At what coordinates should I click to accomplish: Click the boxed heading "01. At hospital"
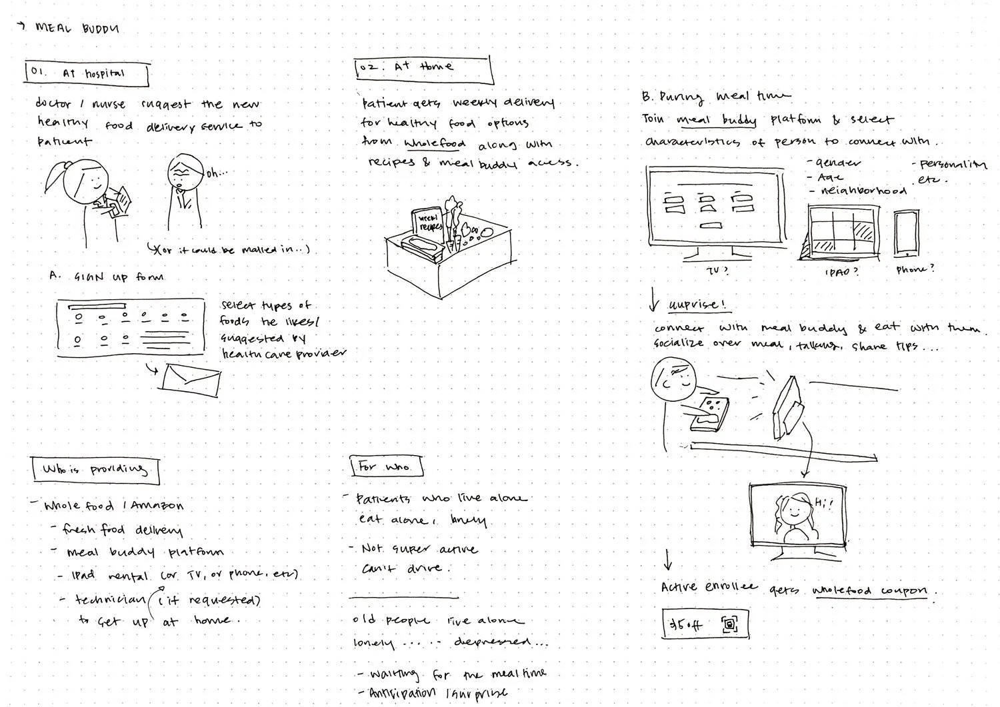coord(87,74)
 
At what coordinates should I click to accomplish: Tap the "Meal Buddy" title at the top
coord(77,28)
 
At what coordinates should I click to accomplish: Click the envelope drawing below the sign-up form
coord(191,378)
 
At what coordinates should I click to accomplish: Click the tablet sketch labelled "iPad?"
coord(842,231)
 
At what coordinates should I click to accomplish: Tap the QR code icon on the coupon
coord(730,624)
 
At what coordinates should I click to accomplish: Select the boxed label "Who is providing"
coord(95,470)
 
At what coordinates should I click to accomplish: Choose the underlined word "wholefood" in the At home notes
coord(435,144)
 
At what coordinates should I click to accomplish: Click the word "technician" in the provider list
coord(110,600)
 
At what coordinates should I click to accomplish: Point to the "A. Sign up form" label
coord(107,277)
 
